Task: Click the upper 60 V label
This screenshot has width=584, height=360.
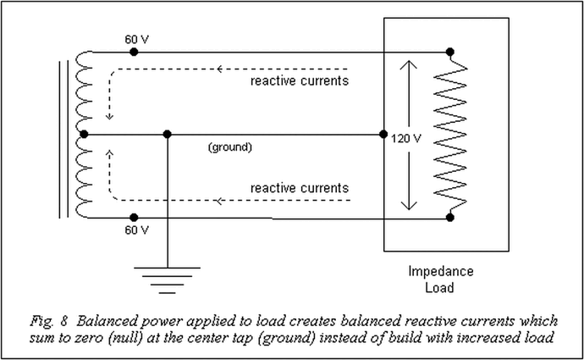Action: pos(137,39)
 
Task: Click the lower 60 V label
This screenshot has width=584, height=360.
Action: pos(137,230)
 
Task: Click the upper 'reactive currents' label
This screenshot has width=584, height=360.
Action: pos(300,81)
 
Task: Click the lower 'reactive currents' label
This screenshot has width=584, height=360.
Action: pos(300,187)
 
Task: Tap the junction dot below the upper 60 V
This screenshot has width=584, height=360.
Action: pos(134,52)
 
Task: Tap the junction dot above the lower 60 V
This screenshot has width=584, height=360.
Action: pos(134,218)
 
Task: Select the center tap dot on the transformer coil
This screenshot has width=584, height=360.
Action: pos(82,135)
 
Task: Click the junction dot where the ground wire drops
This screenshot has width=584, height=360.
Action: pos(168,135)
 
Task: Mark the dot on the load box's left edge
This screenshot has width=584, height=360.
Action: pos(383,135)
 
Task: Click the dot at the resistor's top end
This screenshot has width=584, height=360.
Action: pos(449,53)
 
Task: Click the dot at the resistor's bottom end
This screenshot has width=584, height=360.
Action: pos(449,218)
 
